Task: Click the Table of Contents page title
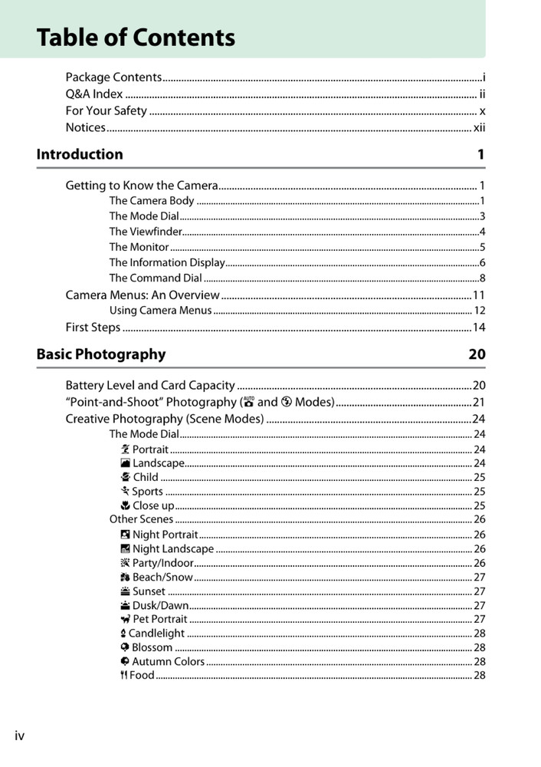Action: [136, 38]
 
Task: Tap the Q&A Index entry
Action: [94, 94]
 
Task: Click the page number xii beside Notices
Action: [479, 127]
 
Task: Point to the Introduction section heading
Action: [80, 154]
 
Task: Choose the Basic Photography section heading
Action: [101, 354]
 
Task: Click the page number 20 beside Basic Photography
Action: [477, 354]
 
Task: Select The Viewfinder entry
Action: [146, 232]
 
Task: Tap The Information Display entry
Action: [166, 262]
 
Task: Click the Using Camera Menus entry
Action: [160, 311]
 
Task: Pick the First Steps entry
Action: [93, 328]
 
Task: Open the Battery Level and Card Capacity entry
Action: [150, 385]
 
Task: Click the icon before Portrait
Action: [126, 449]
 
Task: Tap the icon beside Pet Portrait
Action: [126, 619]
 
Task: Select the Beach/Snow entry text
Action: [162, 577]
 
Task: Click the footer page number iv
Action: [20, 736]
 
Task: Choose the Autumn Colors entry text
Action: [168, 661]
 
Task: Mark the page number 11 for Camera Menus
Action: [479, 295]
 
